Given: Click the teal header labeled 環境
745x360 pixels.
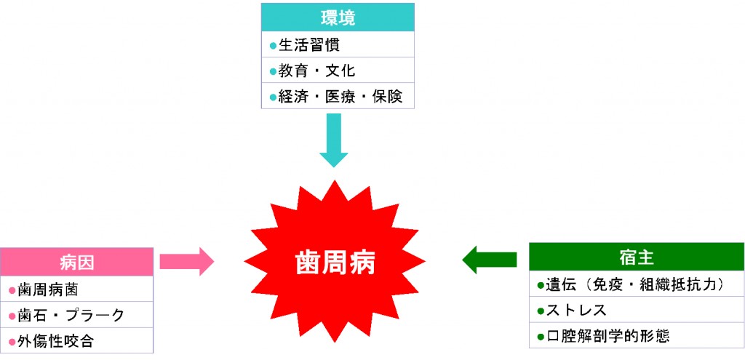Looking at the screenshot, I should click(x=337, y=17).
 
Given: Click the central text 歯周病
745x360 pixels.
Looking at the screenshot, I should click(x=335, y=262).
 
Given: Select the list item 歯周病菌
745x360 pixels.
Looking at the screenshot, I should click(x=47, y=289).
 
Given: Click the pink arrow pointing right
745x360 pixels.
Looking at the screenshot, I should click(x=186, y=260).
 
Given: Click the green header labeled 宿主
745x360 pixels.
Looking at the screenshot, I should click(x=636, y=257).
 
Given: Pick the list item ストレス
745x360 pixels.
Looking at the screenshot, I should click(x=575, y=311).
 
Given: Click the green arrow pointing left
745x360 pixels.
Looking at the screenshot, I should click(x=489, y=259).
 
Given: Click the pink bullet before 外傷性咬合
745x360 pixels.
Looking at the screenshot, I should click(x=12, y=341).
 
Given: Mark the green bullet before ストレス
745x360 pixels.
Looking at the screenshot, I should click(x=540, y=311).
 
